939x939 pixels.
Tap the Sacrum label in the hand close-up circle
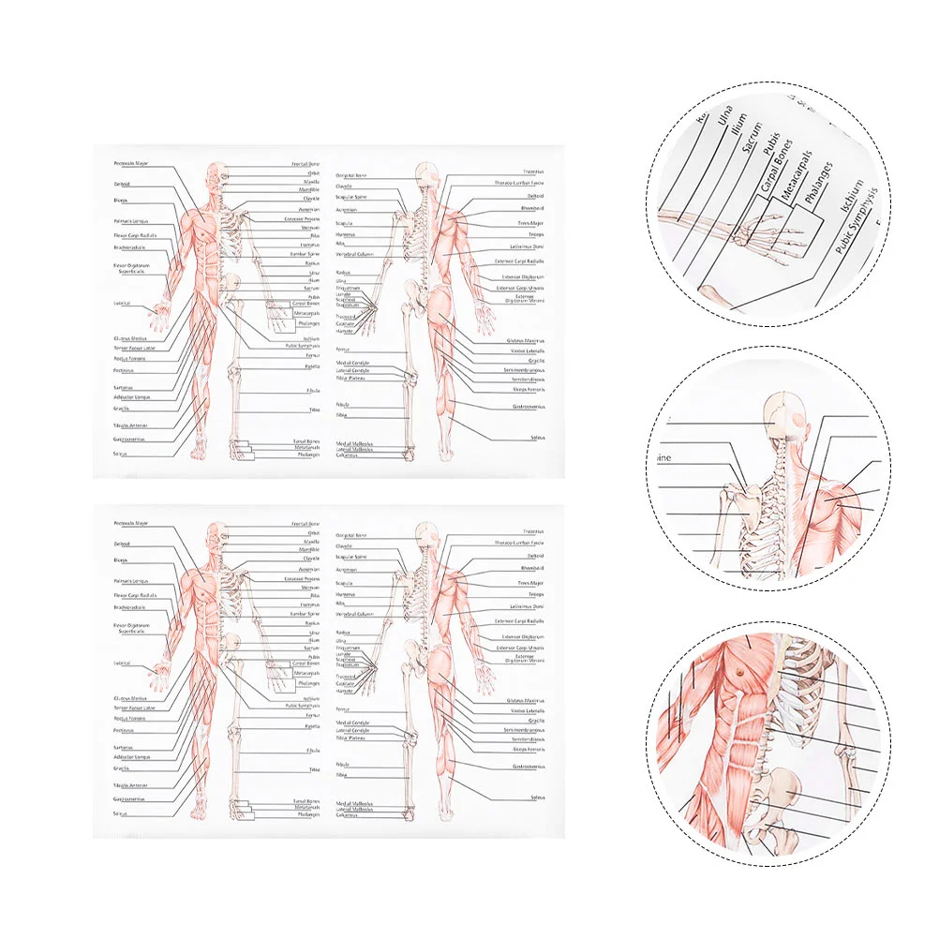(x=750, y=149)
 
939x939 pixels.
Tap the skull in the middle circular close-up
(x=785, y=412)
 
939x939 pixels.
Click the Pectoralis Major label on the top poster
(x=130, y=163)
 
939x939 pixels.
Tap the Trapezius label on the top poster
(x=533, y=171)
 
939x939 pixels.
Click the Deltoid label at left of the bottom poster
(x=122, y=544)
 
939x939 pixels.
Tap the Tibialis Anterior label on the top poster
(x=130, y=425)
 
